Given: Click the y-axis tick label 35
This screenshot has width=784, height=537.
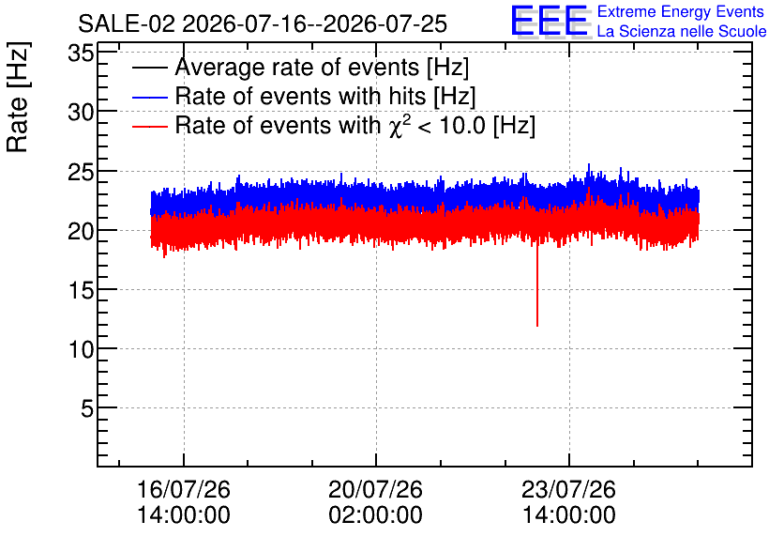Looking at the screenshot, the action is (81, 53).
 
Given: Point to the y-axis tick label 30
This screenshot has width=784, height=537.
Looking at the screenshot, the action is (81, 112).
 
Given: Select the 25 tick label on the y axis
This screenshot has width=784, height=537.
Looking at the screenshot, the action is (81, 172).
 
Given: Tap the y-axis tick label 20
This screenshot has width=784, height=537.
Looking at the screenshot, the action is (81, 231).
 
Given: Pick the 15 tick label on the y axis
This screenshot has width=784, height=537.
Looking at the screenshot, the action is (81, 290).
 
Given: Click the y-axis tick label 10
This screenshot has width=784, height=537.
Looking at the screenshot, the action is (81, 349).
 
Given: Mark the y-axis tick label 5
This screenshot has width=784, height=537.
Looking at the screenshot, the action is (87, 408).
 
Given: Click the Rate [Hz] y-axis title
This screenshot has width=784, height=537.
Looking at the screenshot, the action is (18, 97).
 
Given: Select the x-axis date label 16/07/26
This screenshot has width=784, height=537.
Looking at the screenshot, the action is (184, 489).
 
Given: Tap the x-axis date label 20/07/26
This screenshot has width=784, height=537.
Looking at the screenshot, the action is (375, 489).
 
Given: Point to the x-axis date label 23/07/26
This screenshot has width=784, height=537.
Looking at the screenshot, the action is (568, 489).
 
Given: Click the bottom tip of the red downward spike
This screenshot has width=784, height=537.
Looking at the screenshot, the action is (537, 327).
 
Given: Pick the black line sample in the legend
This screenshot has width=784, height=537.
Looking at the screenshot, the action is (150, 67).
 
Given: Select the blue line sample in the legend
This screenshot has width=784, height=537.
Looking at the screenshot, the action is (150, 97).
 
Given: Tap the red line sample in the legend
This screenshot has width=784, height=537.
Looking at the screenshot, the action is (150, 126).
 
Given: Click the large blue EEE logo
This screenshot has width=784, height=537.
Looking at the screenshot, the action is (550, 21).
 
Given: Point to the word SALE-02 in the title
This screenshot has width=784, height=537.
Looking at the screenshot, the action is (127, 23).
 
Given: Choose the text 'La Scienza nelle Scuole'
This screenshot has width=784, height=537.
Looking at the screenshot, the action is (682, 31).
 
